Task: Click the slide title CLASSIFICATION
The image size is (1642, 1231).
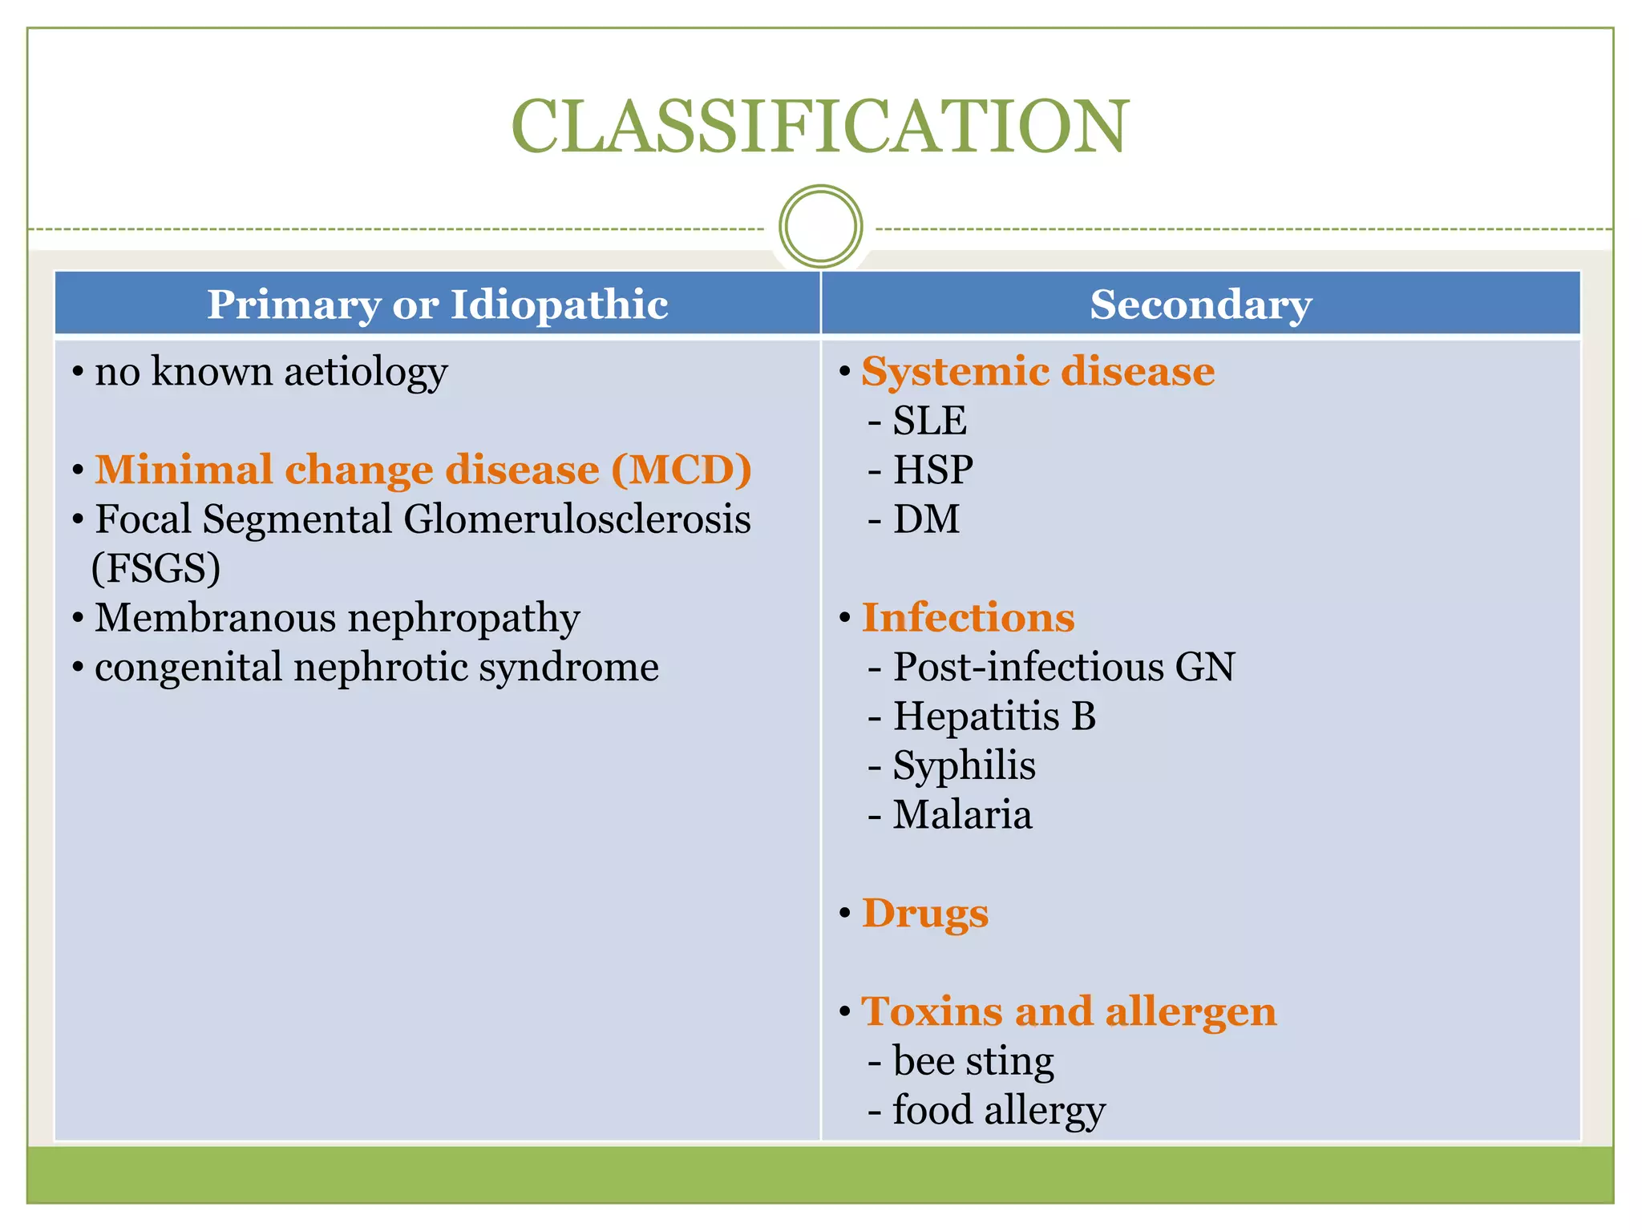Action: pyautogui.click(x=820, y=127)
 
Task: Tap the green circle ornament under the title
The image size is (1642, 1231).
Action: pyautogui.click(x=820, y=227)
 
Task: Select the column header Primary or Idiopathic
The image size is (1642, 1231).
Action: pyautogui.click(x=437, y=305)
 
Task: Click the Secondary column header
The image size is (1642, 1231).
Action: pyautogui.click(x=1200, y=305)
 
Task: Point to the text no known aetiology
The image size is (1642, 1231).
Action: pyautogui.click(x=270, y=372)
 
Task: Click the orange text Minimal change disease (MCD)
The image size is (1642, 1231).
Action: pyautogui.click(x=423, y=470)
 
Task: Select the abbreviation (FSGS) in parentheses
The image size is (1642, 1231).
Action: pyautogui.click(x=156, y=568)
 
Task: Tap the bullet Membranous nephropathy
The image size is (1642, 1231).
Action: pyautogui.click(x=337, y=618)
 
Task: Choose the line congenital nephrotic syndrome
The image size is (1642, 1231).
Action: pyautogui.click(x=376, y=667)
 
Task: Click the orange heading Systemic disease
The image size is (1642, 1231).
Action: pyautogui.click(x=1037, y=372)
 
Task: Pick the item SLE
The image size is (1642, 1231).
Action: pyautogui.click(x=929, y=421)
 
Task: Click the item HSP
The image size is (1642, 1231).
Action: pyautogui.click(x=932, y=470)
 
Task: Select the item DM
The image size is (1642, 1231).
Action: pyautogui.click(x=926, y=519)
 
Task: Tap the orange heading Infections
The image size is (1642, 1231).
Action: pyautogui.click(x=968, y=618)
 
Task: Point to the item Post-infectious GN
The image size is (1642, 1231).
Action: pyautogui.click(x=1063, y=667)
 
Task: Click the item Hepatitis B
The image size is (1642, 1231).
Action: pyautogui.click(x=994, y=716)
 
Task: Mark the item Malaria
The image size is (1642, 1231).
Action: pyautogui.click(x=962, y=814)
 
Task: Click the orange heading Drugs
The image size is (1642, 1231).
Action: pyautogui.click(x=924, y=913)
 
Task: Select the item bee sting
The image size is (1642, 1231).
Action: pyautogui.click(x=973, y=1061)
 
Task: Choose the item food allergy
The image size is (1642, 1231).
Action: pyautogui.click(x=998, y=1110)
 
